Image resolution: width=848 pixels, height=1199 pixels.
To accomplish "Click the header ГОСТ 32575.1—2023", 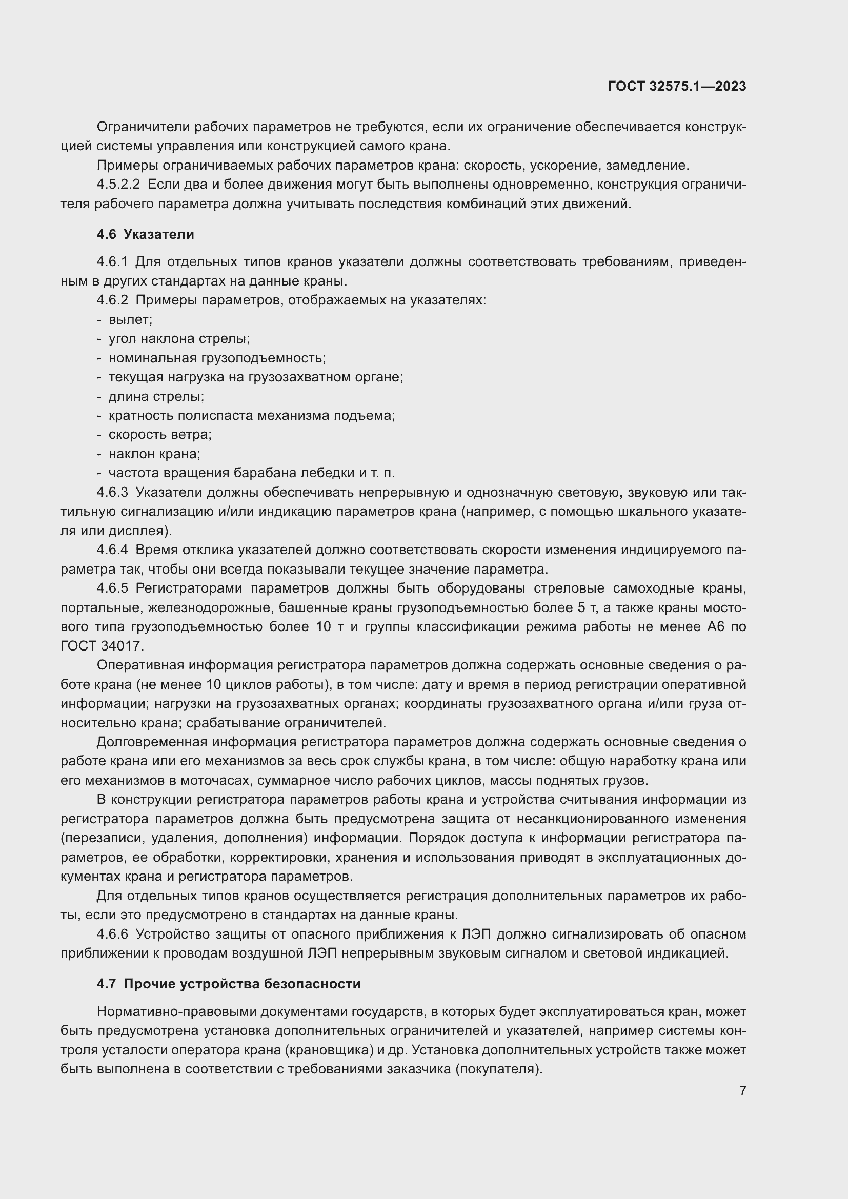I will click(677, 87).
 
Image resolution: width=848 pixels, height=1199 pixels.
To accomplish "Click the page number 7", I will click(742, 1090).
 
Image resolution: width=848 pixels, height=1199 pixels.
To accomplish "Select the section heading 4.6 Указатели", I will click(145, 234).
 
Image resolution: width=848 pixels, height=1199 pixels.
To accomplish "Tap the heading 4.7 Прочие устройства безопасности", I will click(229, 984).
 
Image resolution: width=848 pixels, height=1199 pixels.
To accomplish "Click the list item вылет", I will click(130, 319).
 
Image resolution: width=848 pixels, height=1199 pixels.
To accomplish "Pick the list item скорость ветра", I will click(160, 435).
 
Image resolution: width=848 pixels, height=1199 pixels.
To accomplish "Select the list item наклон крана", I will click(154, 454).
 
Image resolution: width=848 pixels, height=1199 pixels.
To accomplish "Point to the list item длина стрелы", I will click(156, 396).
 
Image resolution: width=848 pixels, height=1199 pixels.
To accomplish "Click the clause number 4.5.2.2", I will click(118, 185).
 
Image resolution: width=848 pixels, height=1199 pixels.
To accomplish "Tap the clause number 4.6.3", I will click(112, 492).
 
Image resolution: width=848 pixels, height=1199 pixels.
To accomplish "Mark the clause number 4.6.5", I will click(112, 588).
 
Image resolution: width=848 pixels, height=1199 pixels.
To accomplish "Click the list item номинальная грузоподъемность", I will click(217, 358).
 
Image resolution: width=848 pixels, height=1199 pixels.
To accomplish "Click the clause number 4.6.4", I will click(112, 550).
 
